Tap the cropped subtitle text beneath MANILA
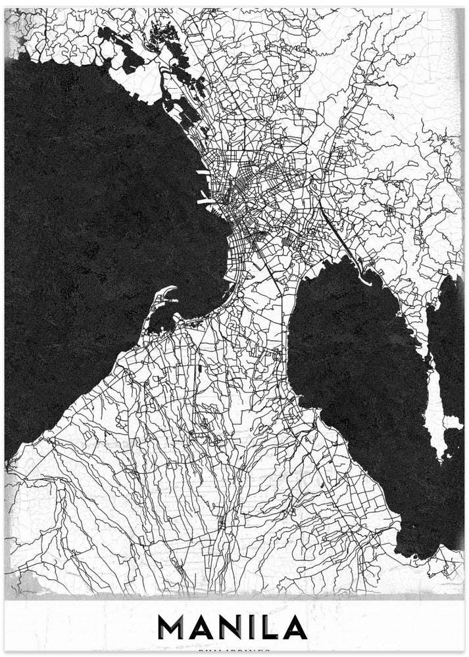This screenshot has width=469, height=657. tap(235, 653)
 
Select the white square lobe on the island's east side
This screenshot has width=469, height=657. tap(453, 421)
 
